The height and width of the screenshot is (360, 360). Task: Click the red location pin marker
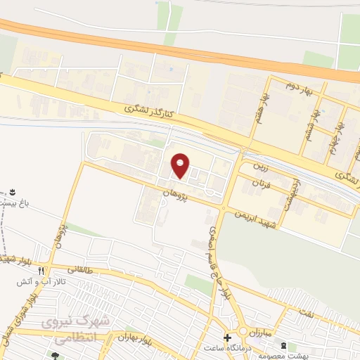point(181,165)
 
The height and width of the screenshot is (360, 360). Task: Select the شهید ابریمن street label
point(257,217)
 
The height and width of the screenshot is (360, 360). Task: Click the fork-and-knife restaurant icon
point(42,270)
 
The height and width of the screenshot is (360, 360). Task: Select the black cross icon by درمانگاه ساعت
point(226,337)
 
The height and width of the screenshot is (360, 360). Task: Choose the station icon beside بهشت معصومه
point(283,346)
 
